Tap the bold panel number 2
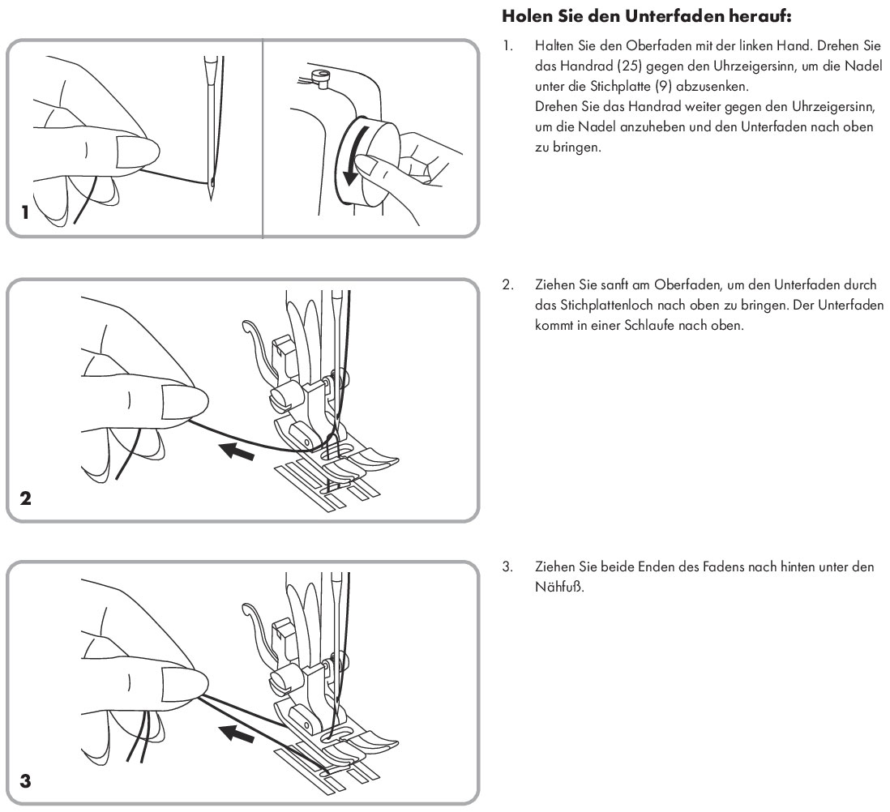[26, 498]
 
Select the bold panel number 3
[26, 781]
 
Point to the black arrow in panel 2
[239, 451]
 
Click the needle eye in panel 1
[212, 181]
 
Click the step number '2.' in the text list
[507, 285]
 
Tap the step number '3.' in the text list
[507, 567]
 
